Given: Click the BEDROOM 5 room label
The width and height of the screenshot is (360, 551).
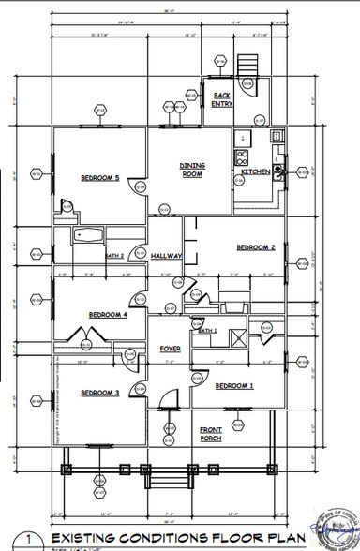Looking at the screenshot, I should [x=98, y=177].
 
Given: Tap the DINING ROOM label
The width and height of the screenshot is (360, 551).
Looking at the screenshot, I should [x=192, y=169].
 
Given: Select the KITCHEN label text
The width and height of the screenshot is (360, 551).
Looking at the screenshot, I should [x=256, y=172].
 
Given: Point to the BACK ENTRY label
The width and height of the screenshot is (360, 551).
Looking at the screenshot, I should [x=222, y=98].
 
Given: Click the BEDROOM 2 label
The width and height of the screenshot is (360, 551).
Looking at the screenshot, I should [x=254, y=247].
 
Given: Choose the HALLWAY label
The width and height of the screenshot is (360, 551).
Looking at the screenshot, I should [x=166, y=254].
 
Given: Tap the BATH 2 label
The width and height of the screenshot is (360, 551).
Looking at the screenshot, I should [x=115, y=254].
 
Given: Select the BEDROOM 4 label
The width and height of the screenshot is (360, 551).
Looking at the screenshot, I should [x=107, y=315].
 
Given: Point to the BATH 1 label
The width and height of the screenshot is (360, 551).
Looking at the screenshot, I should [x=206, y=331].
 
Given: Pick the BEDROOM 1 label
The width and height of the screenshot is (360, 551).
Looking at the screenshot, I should [x=234, y=385].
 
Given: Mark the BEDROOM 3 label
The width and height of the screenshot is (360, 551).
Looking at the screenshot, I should [x=98, y=392].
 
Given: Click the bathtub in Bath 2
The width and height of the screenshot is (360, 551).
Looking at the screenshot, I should [x=91, y=235].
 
